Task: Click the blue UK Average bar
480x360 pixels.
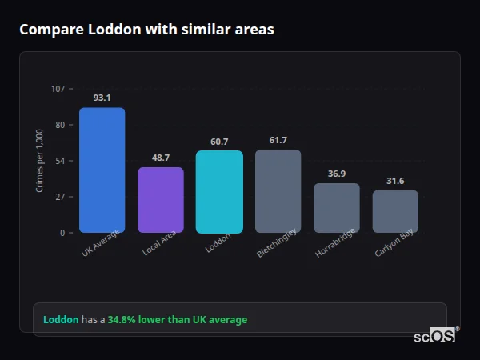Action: click(102, 170)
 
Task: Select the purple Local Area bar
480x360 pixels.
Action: click(161, 200)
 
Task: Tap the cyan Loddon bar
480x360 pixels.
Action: click(219, 192)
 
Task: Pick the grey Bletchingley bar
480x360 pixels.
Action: click(278, 191)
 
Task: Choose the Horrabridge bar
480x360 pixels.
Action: click(337, 208)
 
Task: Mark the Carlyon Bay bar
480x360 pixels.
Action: click(395, 211)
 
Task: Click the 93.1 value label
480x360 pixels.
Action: click(102, 98)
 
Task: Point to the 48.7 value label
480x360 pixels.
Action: click(161, 158)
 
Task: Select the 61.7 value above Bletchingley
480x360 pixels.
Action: click(278, 140)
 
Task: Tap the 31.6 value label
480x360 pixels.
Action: click(395, 181)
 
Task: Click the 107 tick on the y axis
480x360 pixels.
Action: click(58, 89)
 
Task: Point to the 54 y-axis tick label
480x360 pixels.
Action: click(59, 161)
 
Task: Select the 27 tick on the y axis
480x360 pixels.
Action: click(59, 197)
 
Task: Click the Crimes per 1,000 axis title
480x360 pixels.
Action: click(40, 161)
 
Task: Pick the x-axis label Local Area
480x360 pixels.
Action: click(158, 243)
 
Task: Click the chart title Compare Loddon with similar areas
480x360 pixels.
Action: click(146, 30)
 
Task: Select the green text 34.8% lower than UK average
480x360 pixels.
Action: click(178, 320)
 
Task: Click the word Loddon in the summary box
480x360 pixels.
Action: click(61, 320)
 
